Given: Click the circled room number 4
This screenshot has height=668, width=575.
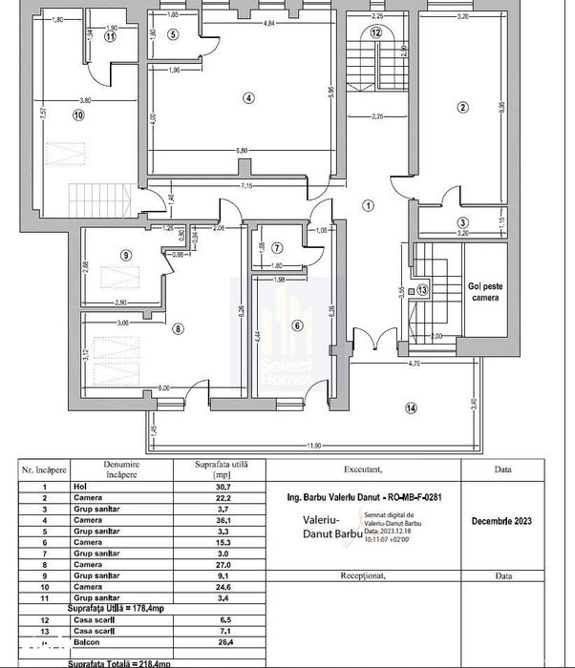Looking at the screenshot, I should coord(248,97).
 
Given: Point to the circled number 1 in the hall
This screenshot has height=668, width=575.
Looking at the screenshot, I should coord(369,204).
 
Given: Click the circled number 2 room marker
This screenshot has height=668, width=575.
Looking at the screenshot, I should coord(462,107).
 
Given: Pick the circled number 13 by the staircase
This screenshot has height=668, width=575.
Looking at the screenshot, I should coord(422,289).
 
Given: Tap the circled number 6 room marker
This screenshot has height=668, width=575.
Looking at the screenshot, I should coord(296,325).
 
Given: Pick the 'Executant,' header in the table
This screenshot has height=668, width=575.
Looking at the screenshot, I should coord(360,469).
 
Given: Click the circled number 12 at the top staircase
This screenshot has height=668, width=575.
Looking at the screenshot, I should coord(375,32).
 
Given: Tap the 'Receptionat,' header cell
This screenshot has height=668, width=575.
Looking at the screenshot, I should coord(360,576).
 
